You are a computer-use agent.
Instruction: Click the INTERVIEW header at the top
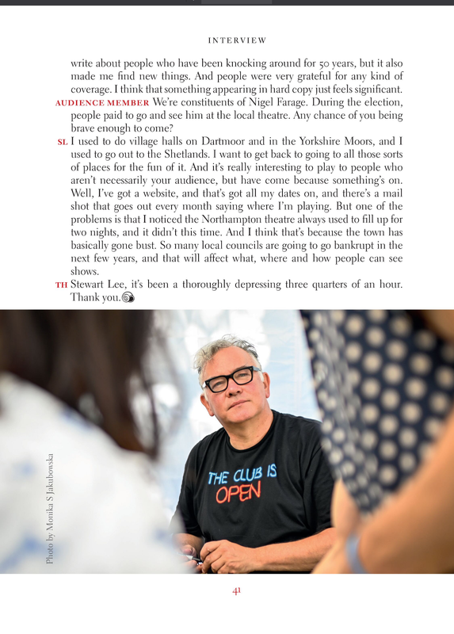click(237, 40)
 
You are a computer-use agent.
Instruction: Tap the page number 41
click(236, 590)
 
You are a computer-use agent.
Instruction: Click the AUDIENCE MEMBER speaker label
click(102, 103)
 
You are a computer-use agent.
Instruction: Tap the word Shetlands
click(211, 155)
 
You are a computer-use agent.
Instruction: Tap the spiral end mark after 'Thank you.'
click(128, 298)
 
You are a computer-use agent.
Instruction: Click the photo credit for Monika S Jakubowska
click(51, 508)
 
